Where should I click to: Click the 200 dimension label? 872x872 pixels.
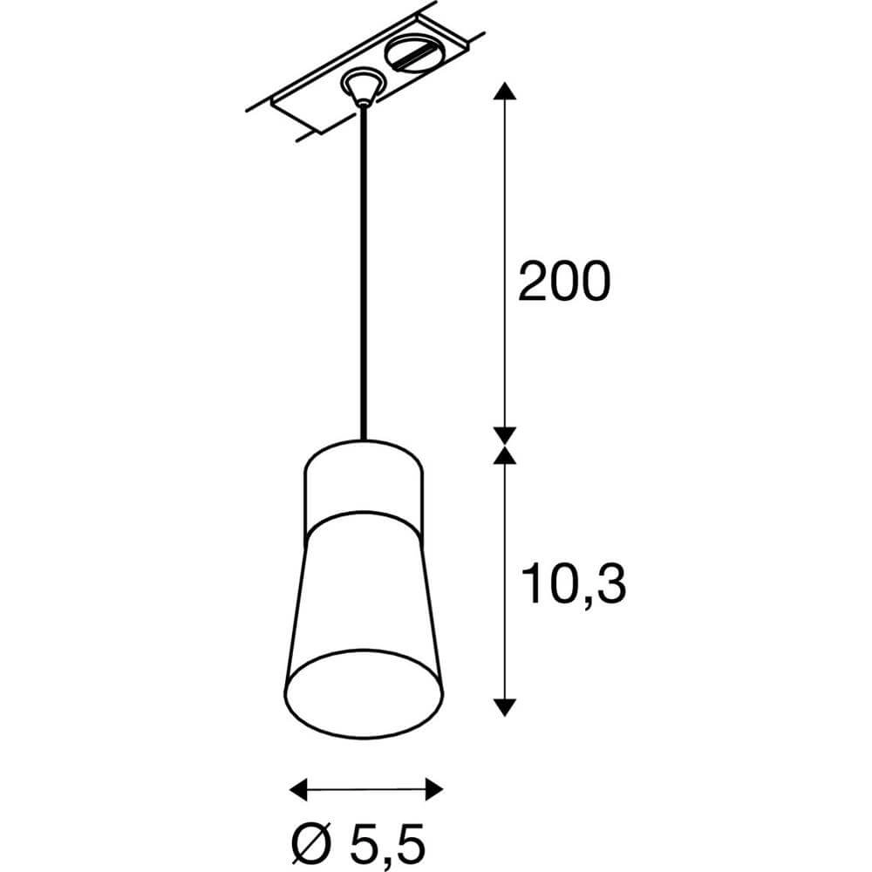(561, 282)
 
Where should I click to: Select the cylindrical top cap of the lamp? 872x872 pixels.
(363, 485)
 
